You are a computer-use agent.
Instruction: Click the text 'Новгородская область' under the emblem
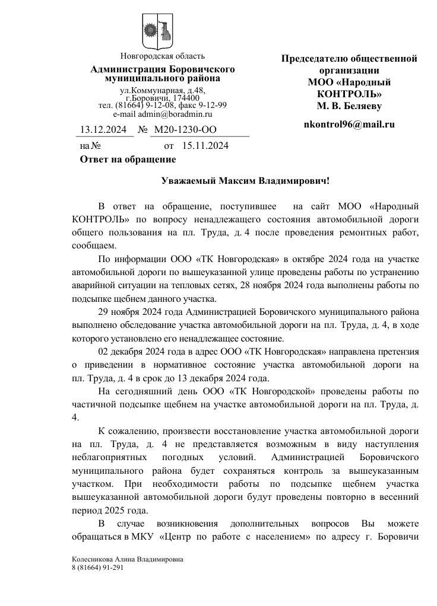162,57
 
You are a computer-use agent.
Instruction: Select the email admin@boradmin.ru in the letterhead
162,114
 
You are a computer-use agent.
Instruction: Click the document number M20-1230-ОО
185,130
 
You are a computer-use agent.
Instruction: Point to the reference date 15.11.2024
205,145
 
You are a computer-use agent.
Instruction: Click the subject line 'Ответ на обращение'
128,159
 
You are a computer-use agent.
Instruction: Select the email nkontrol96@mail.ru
349,125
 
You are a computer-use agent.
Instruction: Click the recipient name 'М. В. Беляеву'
349,106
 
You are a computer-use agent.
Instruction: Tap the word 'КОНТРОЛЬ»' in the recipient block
349,94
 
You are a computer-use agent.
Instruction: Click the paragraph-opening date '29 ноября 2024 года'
141,312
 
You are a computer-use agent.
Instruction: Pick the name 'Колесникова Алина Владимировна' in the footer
127,559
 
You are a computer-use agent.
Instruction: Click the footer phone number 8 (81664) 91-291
97,567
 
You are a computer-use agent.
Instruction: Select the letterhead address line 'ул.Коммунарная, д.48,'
162,91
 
